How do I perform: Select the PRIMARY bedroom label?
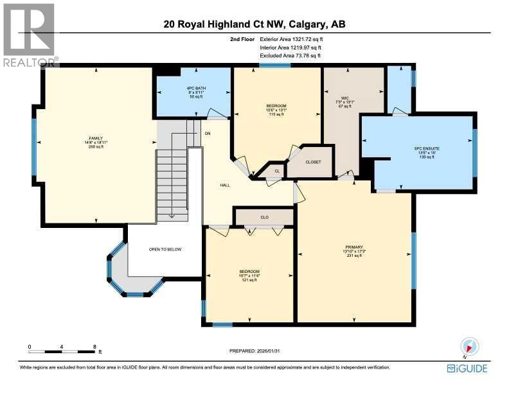click(x=354, y=247)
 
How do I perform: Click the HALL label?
click(x=225, y=185)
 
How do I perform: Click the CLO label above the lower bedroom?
click(x=264, y=217)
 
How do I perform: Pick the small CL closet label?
click(x=277, y=171)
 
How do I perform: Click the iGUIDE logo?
click(x=467, y=368)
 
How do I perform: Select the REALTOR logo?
click(x=28, y=33)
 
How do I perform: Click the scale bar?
click(x=62, y=351)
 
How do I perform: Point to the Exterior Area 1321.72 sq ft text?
click(x=296, y=40)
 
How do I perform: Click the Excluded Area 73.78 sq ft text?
click(x=294, y=56)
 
